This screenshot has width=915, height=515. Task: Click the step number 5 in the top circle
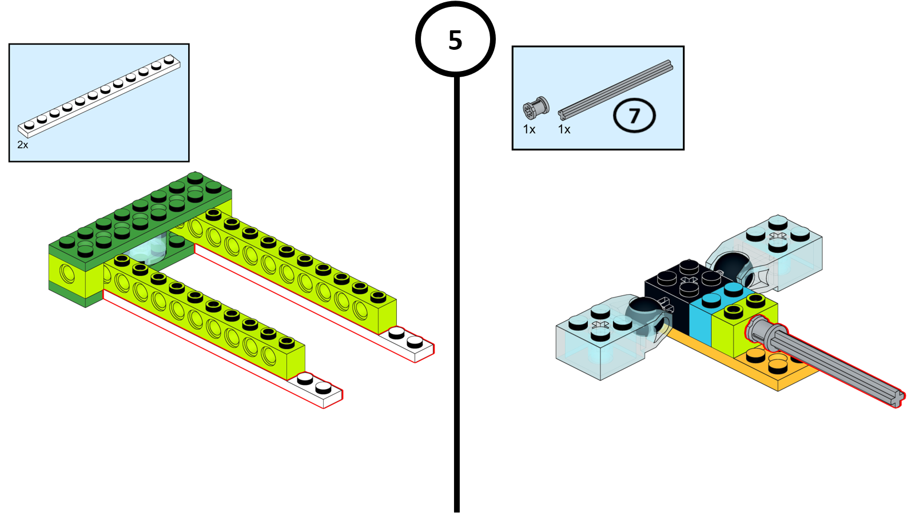[455, 41]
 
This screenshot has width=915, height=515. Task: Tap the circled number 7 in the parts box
[634, 116]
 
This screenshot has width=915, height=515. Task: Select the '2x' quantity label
[23, 145]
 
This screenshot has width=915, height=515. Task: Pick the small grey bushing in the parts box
[536, 108]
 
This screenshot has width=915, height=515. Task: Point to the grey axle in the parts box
[615, 89]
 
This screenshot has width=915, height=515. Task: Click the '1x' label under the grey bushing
[529, 130]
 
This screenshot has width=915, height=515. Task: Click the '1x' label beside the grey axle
[564, 130]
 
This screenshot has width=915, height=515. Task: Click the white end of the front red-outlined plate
[317, 389]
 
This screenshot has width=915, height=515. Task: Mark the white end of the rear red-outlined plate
[409, 343]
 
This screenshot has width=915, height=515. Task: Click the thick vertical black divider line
[457, 286]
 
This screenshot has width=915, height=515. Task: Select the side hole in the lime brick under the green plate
[67, 275]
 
